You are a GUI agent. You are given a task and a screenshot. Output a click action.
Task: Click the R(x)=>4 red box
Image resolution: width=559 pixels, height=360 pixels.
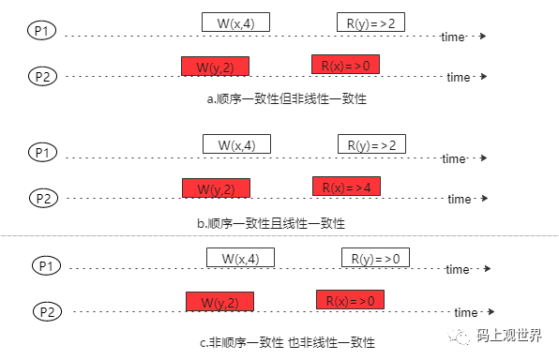346,186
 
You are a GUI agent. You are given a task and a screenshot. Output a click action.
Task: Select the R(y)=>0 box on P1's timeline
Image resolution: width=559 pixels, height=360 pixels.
375,258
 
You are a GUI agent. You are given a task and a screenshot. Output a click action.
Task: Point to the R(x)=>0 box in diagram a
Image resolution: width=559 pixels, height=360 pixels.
345,65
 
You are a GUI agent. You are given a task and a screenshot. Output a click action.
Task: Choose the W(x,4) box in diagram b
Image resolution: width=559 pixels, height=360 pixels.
236,144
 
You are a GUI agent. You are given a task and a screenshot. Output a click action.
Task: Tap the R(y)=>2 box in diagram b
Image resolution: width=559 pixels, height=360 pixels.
371,144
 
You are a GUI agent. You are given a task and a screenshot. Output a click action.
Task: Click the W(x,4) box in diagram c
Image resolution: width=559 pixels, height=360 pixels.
240,258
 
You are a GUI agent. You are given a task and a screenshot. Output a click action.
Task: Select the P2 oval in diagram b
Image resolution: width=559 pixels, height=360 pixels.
44,197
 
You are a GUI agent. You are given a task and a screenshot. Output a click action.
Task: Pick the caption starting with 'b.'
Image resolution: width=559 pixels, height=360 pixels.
272,223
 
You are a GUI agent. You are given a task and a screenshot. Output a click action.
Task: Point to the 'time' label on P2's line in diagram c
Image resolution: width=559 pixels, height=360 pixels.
466,312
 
